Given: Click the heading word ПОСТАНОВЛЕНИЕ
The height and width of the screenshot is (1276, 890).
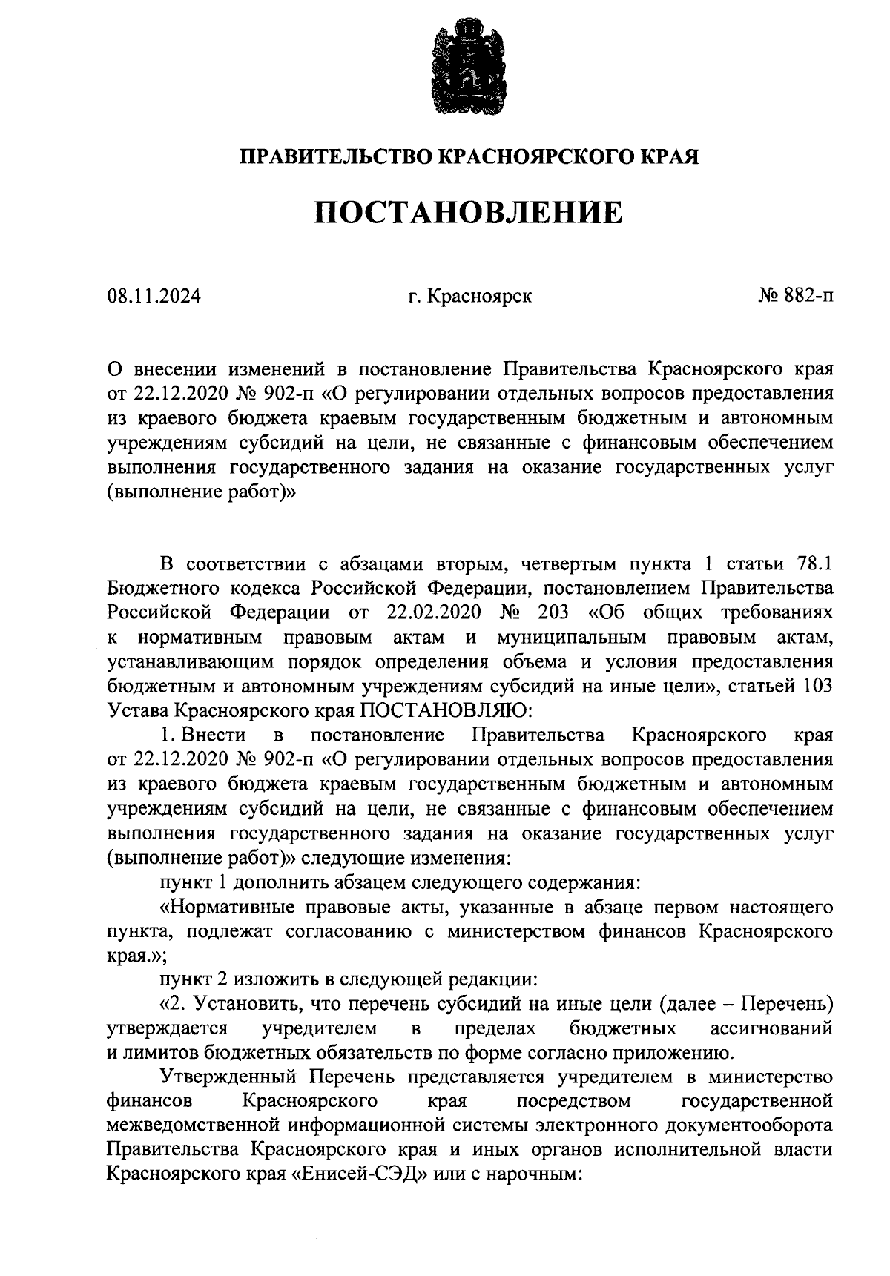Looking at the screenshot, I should [468, 213].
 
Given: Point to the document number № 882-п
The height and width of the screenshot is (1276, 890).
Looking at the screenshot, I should [794, 297].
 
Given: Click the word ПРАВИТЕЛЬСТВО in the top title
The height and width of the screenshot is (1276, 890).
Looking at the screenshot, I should [336, 157].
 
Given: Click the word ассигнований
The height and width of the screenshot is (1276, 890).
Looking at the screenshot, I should [771, 1028].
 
